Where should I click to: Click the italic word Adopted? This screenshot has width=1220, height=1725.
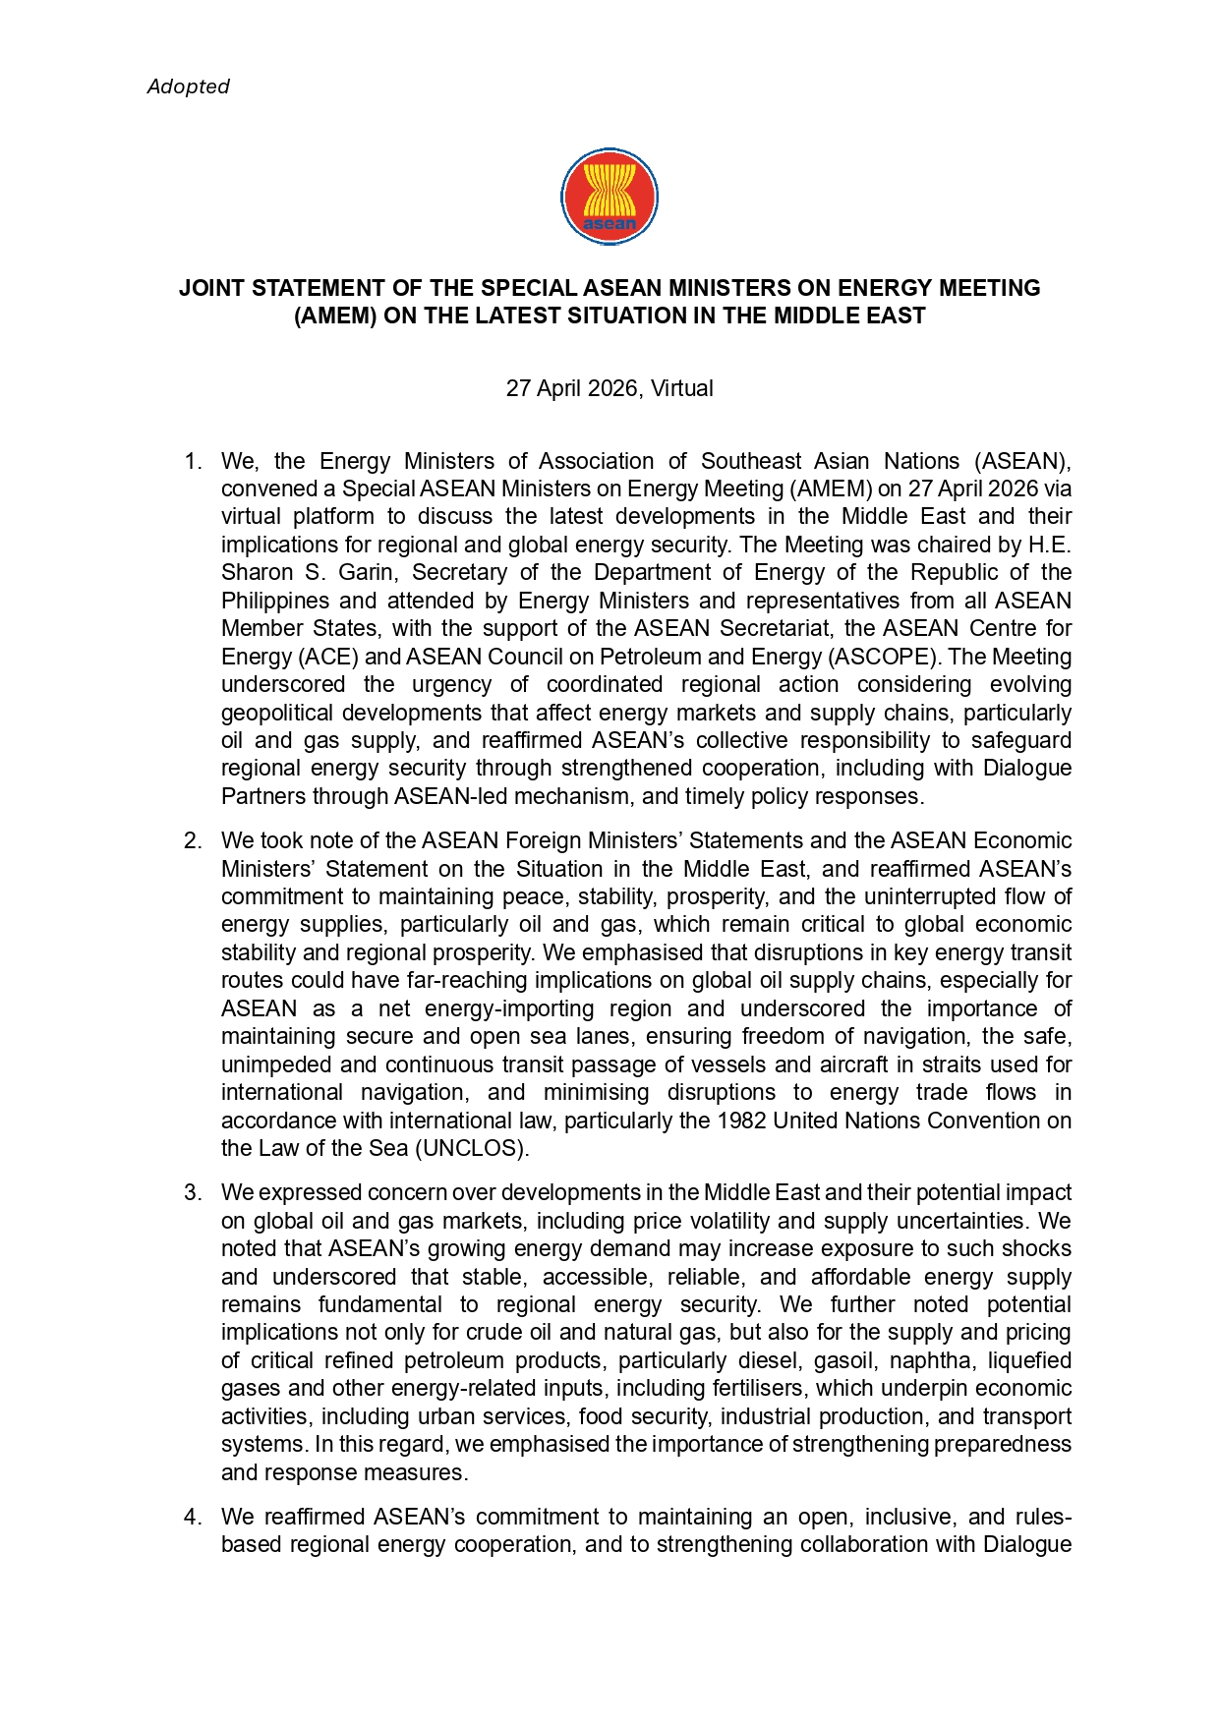pos(188,86)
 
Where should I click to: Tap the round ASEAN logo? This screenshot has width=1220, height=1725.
pos(610,197)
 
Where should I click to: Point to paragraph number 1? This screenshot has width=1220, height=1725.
pos(193,462)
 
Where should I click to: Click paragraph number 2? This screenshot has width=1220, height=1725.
pos(193,841)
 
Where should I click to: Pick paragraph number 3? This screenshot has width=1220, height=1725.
pos(193,1193)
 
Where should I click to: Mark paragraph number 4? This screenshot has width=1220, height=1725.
pos(193,1518)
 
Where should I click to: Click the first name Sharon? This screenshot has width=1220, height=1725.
pos(257,573)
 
